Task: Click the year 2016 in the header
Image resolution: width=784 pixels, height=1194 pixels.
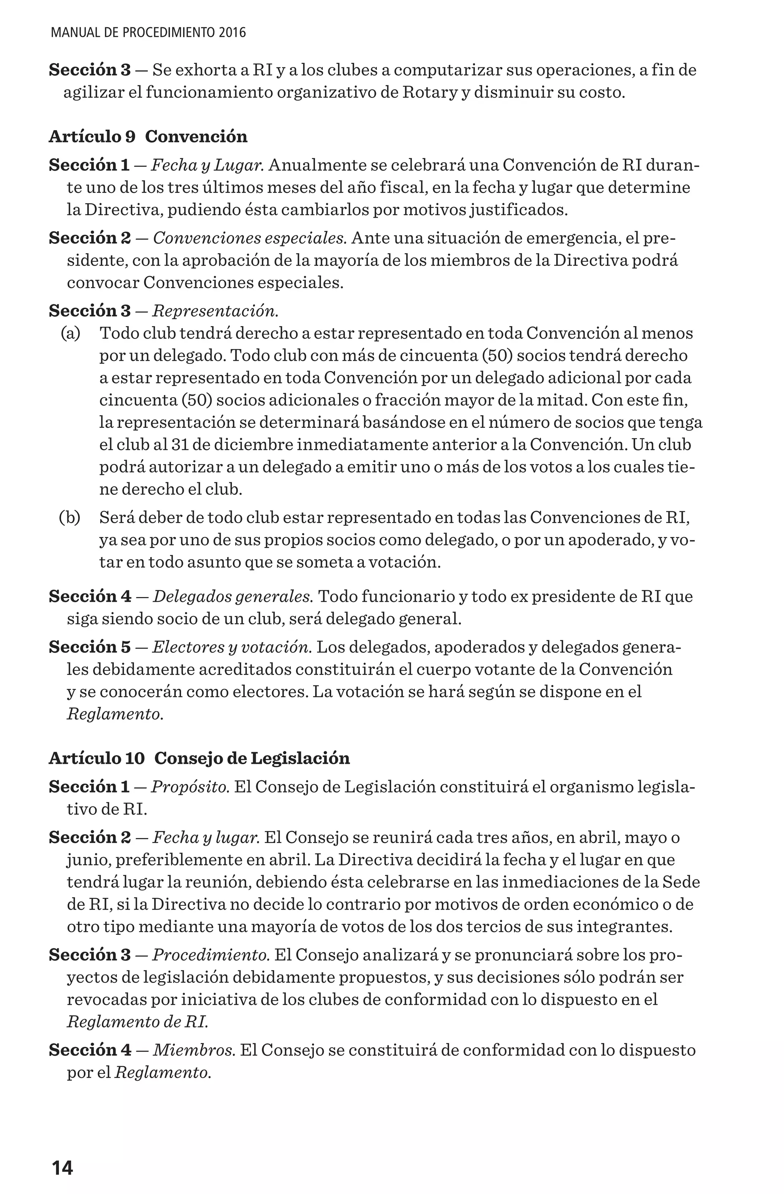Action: point(232,33)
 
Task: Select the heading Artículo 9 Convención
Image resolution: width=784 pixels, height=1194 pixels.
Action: point(148,137)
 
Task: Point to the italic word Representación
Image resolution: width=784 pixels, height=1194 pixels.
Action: point(215,311)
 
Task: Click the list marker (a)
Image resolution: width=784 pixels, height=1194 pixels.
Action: point(70,333)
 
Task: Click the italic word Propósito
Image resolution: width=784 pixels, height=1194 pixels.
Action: point(190,787)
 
